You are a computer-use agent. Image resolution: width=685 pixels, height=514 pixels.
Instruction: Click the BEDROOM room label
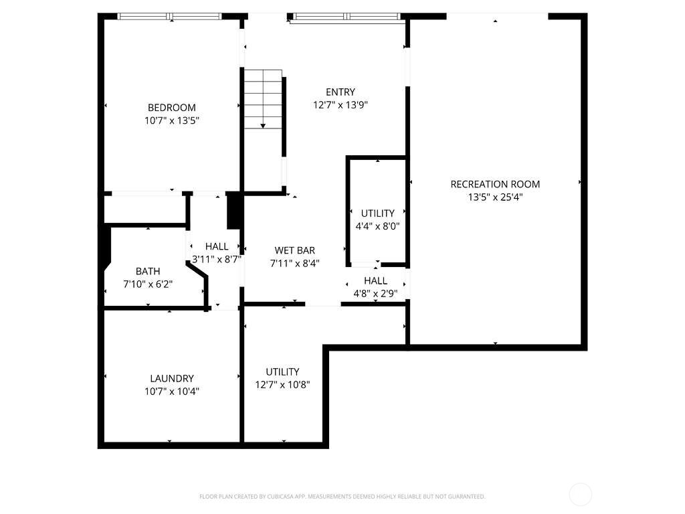pos(172,108)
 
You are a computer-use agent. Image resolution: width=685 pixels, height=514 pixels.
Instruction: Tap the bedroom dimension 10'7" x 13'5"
pos(172,121)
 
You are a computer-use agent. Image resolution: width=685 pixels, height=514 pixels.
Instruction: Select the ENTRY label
pos(340,92)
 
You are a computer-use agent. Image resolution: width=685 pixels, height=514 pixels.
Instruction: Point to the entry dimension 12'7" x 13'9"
pos(340,105)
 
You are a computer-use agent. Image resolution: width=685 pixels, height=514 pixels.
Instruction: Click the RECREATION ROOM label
pos(495,185)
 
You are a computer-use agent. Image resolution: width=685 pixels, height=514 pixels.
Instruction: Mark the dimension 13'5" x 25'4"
pos(495,197)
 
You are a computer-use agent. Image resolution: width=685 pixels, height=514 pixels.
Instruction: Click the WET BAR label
pos(294,251)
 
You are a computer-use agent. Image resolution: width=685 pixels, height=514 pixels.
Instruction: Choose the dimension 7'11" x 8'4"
pos(294,264)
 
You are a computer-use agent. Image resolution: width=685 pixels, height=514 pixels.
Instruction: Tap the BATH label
pos(148,271)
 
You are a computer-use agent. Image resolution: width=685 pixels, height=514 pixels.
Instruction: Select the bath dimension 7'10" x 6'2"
pos(148,284)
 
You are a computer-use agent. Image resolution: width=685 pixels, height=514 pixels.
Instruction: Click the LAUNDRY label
pos(172,378)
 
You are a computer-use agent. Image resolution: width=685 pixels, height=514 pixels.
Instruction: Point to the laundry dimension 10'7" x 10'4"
pos(172,392)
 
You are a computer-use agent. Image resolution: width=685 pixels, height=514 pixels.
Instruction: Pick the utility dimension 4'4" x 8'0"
pos(377,226)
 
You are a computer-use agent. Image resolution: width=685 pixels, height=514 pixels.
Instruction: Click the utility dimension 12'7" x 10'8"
pos(282,385)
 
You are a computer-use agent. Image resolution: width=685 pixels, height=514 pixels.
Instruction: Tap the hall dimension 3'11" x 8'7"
pos(216,259)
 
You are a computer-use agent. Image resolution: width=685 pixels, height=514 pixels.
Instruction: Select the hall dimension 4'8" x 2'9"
pos(375,292)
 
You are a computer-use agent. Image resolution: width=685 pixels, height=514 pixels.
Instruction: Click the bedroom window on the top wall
pos(170,16)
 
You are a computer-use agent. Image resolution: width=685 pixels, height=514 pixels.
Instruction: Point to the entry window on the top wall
pos(347,16)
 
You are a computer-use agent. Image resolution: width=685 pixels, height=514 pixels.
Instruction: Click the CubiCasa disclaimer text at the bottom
pos(342,497)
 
